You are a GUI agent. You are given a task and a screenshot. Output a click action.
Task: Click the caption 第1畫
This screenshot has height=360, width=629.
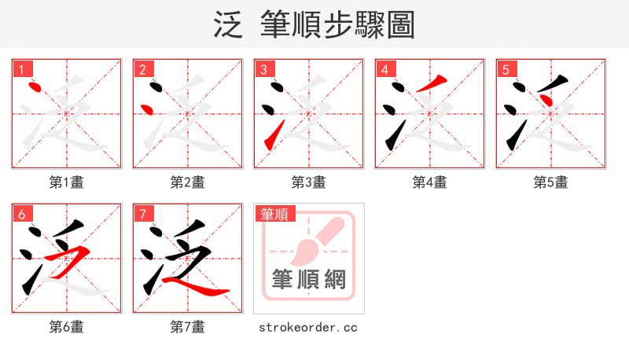[x=67, y=182]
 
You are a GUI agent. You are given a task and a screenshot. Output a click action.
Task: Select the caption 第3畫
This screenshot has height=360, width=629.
[x=309, y=182]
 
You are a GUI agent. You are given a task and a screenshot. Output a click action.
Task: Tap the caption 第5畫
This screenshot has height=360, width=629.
[x=551, y=182]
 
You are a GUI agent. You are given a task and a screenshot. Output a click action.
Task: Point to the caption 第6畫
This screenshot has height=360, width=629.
[x=67, y=327]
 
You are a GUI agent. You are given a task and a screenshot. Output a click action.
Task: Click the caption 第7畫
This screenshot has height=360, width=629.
[x=188, y=327]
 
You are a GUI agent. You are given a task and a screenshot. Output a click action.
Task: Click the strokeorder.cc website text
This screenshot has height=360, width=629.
[x=308, y=327]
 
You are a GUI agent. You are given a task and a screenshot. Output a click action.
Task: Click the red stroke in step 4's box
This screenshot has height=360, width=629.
[x=432, y=82]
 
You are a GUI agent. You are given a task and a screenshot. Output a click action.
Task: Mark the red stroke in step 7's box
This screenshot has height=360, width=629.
[x=193, y=284]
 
